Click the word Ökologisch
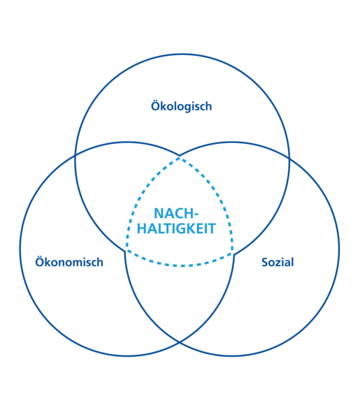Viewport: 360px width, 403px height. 181,106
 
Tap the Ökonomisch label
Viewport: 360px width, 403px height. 69,262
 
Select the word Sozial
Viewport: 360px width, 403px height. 278,263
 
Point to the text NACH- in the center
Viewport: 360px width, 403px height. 176,213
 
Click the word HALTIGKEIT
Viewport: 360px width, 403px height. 176,228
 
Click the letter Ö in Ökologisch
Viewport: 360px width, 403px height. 156,106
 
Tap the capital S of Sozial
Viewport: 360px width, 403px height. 265,263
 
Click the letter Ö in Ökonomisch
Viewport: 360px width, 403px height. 40,262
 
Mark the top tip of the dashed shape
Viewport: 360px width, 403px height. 180,158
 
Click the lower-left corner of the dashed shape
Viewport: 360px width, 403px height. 127,250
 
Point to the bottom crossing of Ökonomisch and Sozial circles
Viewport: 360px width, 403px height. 180,342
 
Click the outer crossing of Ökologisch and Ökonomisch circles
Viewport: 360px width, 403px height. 75,156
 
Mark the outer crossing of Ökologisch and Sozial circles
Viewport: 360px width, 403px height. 289,159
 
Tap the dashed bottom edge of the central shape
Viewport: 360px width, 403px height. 180,265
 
